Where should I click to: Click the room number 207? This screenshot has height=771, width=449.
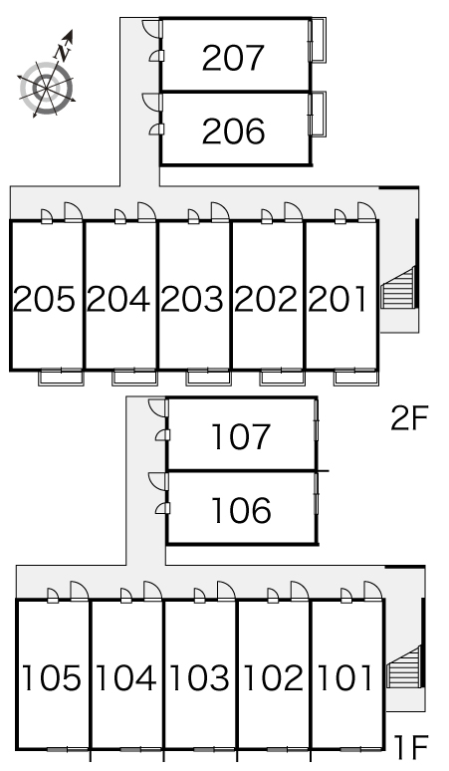pyautogui.click(x=233, y=58)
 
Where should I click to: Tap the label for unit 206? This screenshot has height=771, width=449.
pyautogui.click(x=233, y=131)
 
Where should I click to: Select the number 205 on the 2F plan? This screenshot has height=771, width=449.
pyautogui.click(x=44, y=299)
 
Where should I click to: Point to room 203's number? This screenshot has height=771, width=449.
pyautogui.click(x=191, y=299)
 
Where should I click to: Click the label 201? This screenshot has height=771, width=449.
pyautogui.click(x=337, y=299)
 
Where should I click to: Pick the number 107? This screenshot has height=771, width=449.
pyautogui.click(x=241, y=436)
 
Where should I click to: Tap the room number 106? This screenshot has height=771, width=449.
pyautogui.click(x=241, y=510)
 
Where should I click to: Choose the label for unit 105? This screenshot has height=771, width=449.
pyautogui.click(x=51, y=677)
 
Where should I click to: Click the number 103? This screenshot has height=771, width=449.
pyautogui.click(x=199, y=677)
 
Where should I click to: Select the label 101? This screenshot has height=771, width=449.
pyautogui.click(x=344, y=677)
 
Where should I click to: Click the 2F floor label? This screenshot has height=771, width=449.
pyautogui.click(x=409, y=418)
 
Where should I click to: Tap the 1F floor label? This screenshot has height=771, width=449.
pyautogui.click(x=411, y=747)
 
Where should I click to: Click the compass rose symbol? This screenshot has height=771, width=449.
pyautogui.click(x=47, y=89)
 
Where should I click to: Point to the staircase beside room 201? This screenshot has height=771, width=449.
pyautogui.click(x=398, y=288)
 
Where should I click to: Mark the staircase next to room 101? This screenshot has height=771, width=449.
pyautogui.click(x=403, y=666)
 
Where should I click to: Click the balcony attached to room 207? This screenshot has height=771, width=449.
pyautogui.click(x=318, y=40)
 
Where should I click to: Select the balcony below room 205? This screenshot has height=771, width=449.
pyautogui.click(x=62, y=377)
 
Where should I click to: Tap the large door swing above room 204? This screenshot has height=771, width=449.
pyautogui.click(x=146, y=212)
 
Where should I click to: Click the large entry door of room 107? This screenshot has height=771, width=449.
pyautogui.click(x=158, y=408)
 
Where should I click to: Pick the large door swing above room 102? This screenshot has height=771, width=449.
pyautogui.click(x=300, y=591)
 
